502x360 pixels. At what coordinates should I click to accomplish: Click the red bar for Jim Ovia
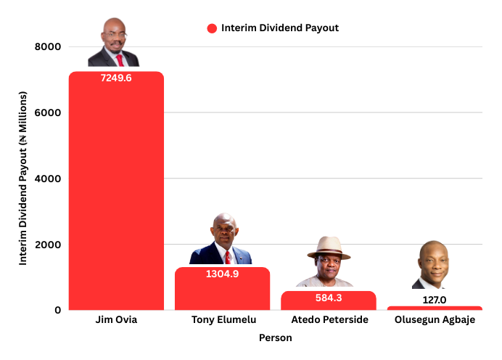click(116, 196)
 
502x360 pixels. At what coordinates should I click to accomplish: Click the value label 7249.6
click(116, 78)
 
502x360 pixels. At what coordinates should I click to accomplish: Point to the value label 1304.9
click(222, 274)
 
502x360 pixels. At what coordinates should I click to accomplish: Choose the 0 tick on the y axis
click(57, 310)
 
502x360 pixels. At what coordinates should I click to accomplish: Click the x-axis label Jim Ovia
click(116, 320)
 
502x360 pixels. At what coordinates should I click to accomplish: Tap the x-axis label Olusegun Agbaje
click(435, 320)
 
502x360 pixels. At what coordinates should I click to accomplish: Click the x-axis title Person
click(276, 338)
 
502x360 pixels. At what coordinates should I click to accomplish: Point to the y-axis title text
click(23, 179)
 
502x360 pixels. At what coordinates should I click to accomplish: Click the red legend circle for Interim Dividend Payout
click(212, 28)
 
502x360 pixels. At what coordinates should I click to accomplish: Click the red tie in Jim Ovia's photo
click(120, 60)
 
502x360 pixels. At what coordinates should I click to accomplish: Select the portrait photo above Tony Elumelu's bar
click(221, 240)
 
